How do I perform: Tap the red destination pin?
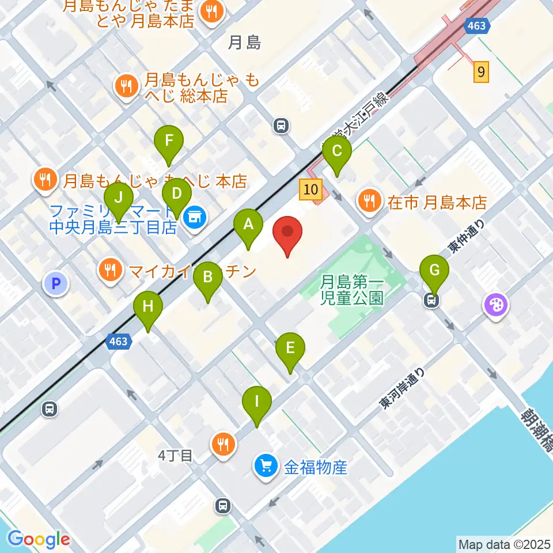click(x=287, y=235)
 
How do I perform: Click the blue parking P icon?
click(x=56, y=283)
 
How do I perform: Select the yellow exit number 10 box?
click(x=310, y=190)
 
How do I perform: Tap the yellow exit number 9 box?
click(x=482, y=73)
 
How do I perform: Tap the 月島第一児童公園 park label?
click(x=352, y=290)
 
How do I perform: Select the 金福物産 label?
click(x=316, y=467)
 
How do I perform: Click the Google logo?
click(x=39, y=539)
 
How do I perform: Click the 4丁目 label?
click(x=175, y=456)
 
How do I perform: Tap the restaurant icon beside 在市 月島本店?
click(x=368, y=201)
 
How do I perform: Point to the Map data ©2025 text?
click(x=504, y=543)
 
